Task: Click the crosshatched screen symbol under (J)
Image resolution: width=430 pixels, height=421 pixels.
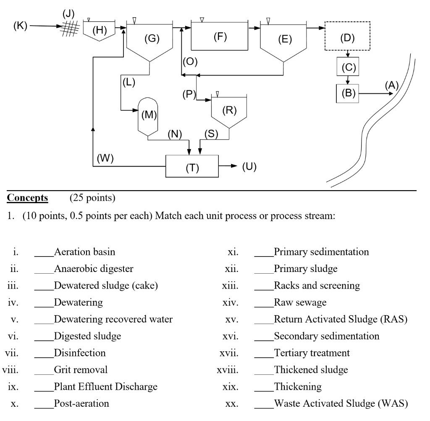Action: point(70,28)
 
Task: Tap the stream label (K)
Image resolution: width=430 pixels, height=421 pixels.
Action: point(20,26)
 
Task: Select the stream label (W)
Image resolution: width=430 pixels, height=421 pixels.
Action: point(105,158)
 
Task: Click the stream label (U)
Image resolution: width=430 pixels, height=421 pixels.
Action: point(249,166)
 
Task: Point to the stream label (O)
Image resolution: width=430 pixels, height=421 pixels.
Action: point(190,61)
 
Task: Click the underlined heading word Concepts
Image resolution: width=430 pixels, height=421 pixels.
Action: point(27,198)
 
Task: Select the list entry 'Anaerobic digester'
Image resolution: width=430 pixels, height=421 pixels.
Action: point(94,269)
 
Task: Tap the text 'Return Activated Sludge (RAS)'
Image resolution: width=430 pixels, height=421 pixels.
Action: point(341,319)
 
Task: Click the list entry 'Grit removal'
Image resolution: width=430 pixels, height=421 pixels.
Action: point(81,370)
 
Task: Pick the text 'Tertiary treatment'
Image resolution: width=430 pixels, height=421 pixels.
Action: point(312,353)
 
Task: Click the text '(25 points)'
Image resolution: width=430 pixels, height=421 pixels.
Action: point(92,198)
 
